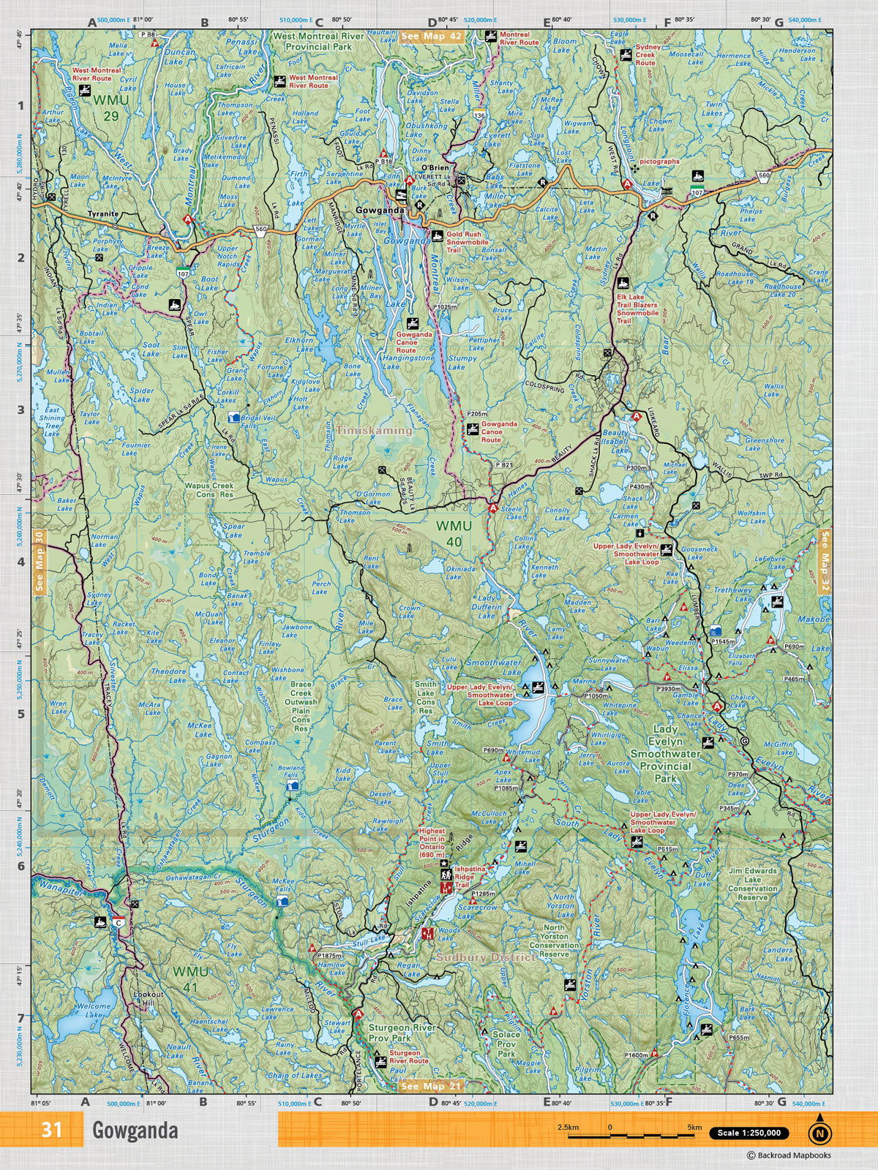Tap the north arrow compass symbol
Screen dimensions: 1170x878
pos(820,1133)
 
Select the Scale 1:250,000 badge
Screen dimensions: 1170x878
pos(748,1133)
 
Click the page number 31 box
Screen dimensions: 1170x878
pos(51,1130)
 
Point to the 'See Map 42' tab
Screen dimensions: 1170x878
pos(431,36)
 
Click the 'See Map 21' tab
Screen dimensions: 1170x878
pos(432,1086)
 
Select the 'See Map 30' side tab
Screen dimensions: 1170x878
pos(39,561)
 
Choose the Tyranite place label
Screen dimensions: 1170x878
pos(102,214)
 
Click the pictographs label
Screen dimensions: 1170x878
pos(659,162)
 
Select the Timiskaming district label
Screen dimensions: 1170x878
pos(374,431)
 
